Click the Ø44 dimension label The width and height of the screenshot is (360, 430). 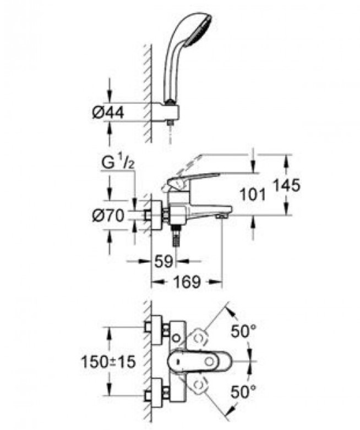pos(108,112)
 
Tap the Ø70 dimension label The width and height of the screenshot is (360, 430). pos(108,216)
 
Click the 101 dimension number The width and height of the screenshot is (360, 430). pos(253,195)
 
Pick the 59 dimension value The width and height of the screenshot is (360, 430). pos(164,261)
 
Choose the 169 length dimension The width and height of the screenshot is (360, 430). pos(188,282)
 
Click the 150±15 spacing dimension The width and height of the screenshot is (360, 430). pos(108,361)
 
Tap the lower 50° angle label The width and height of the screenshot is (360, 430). pos(243,392)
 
